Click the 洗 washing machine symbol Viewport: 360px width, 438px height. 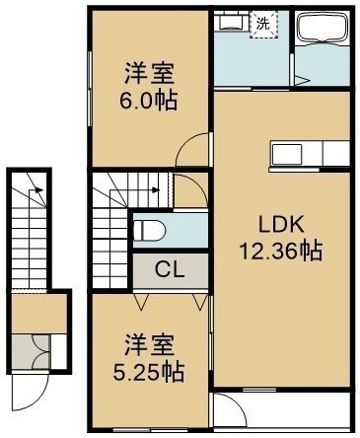[263, 25]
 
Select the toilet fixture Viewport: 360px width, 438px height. [149, 230]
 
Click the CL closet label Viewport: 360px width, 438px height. [170, 270]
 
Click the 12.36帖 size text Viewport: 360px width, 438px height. [280, 252]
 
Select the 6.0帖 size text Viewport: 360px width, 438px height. [148, 101]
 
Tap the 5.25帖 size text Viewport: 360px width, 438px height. [148, 372]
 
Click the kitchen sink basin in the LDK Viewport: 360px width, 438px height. [287, 154]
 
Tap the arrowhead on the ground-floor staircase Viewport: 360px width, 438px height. [38, 190]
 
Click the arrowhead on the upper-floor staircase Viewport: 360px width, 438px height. [156, 190]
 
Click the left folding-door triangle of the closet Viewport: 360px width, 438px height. [141, 302]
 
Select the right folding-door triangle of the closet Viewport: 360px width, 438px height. [200, 302]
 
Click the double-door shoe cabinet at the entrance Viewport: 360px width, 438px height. [32, 351]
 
